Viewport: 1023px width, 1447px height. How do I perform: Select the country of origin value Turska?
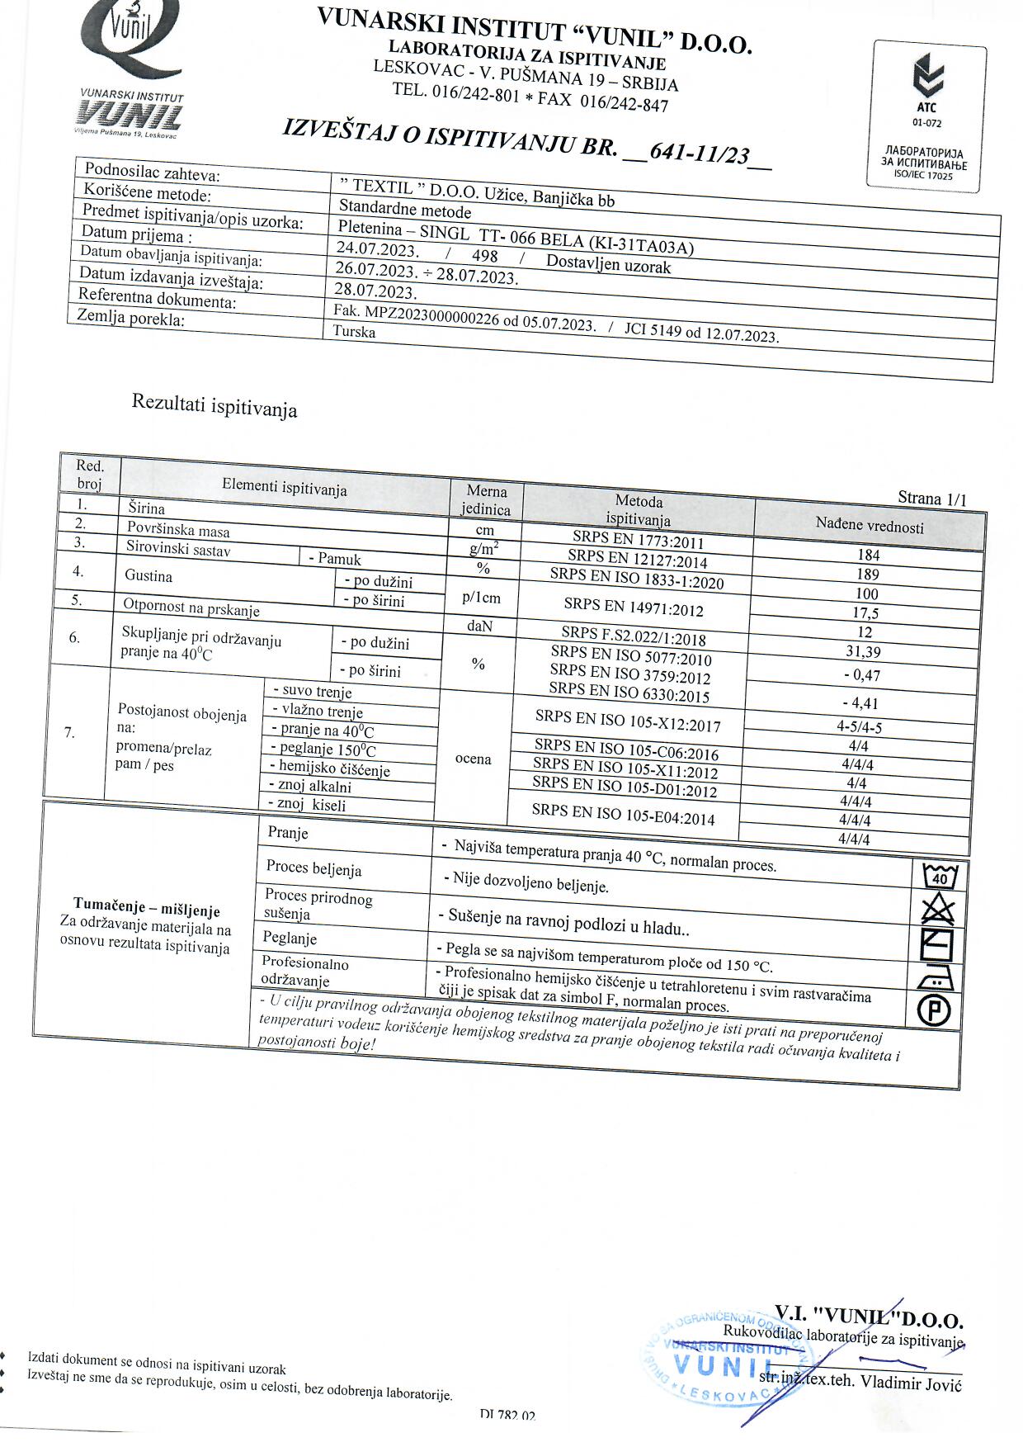click(354, 332)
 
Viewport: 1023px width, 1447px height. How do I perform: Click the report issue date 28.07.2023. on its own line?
click(375, 291)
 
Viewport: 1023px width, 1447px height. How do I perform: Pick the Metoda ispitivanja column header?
click(639, 510)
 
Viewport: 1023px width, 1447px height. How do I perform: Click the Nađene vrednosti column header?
click(870, 525)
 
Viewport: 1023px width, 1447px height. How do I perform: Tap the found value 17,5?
click(865, 613)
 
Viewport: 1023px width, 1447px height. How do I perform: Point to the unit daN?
click(479, 627)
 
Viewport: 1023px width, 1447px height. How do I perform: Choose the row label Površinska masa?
click(178, 530)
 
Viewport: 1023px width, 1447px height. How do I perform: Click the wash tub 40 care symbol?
click(940, 876)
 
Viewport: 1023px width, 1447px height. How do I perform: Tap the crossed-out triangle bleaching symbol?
click(937, 910)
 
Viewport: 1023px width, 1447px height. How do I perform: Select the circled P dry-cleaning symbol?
click(934, 1010)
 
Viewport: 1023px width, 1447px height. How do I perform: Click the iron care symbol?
click(935, 978)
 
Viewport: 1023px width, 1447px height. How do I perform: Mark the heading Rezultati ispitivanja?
click(214, 406)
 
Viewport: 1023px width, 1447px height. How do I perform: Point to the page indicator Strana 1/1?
click(932, 498)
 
